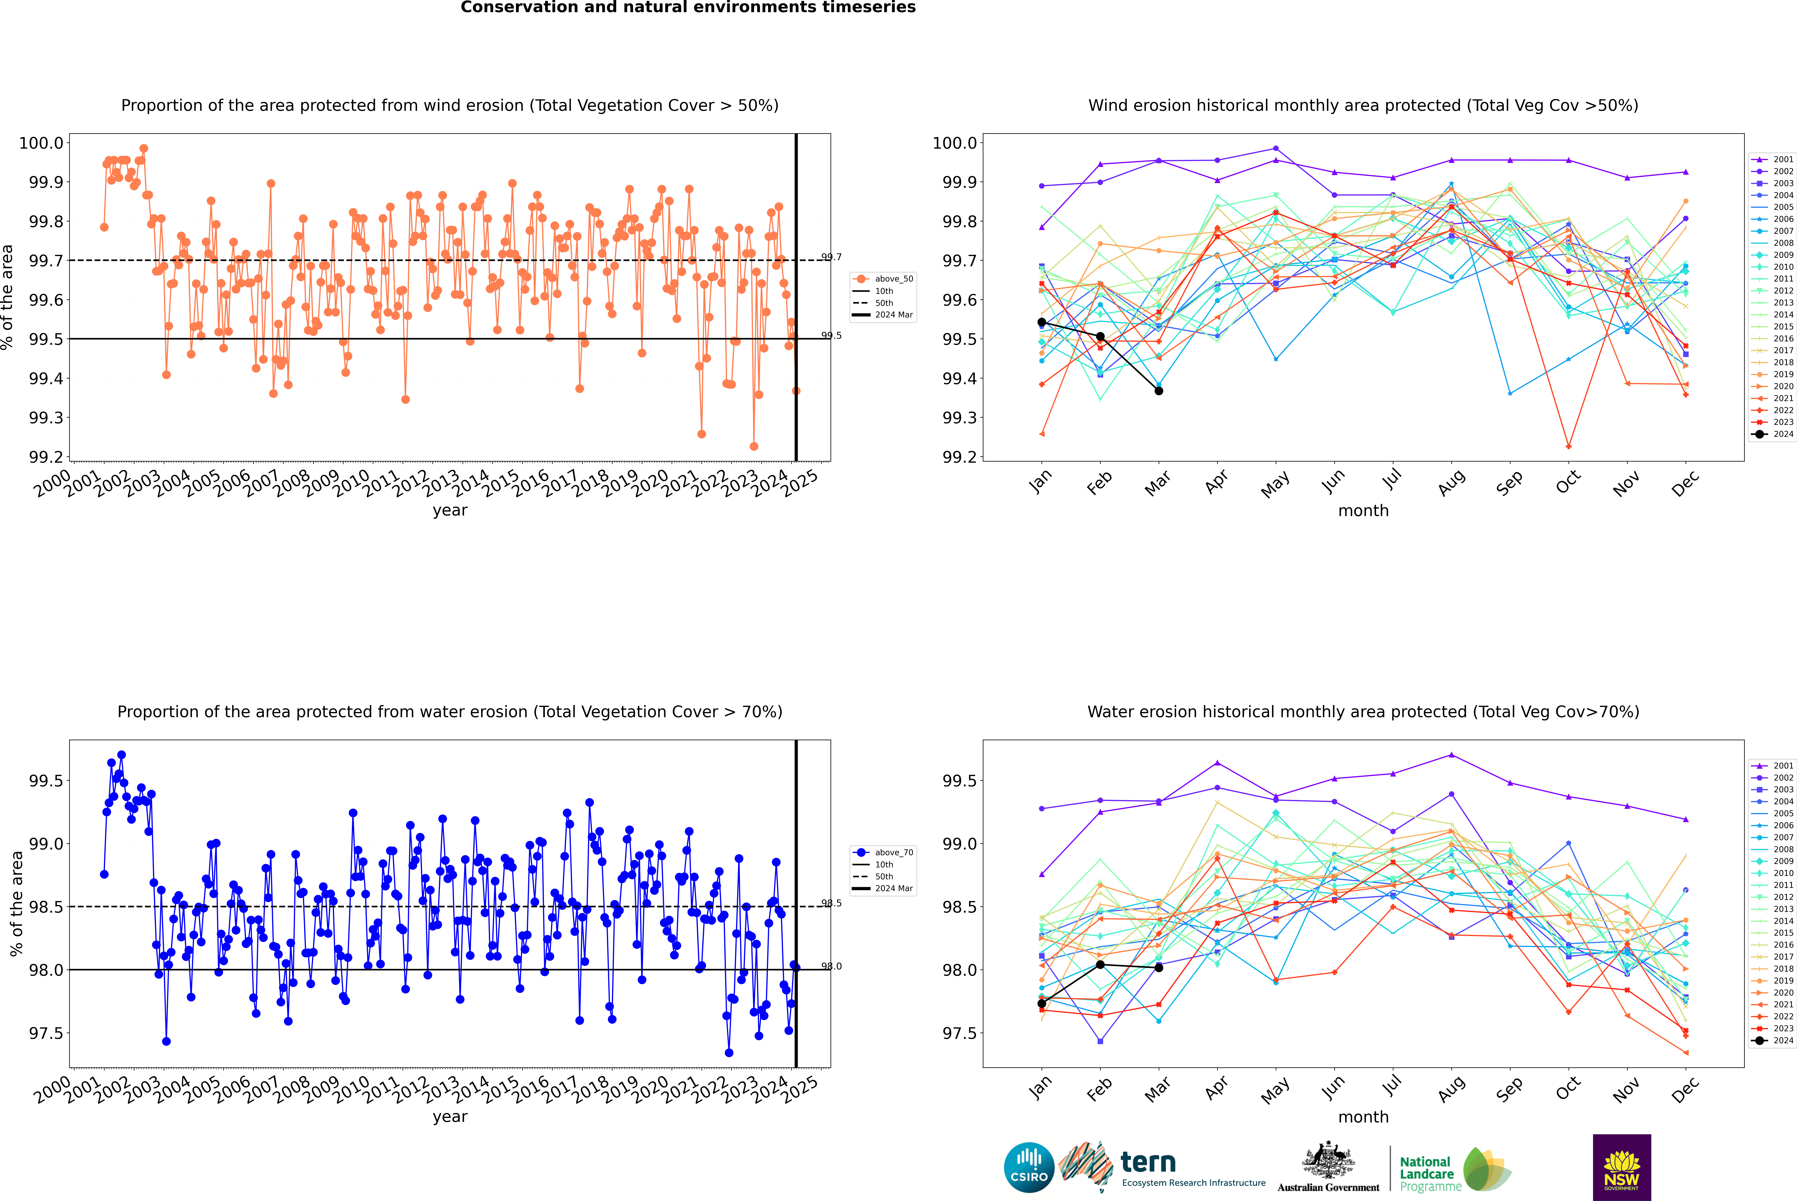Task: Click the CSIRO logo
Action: click(x=1029, y=1167)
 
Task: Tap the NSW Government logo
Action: click(x=1622, y=1167)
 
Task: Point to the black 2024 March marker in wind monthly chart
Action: click(x=1159, y=391)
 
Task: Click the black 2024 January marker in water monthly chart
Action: click(x=1042, y=1003)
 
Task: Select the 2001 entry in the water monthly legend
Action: click(x=1772, y=765)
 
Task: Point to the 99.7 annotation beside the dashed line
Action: click(x=831, y=257)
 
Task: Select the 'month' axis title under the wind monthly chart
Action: click(x=1363, y=511)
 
